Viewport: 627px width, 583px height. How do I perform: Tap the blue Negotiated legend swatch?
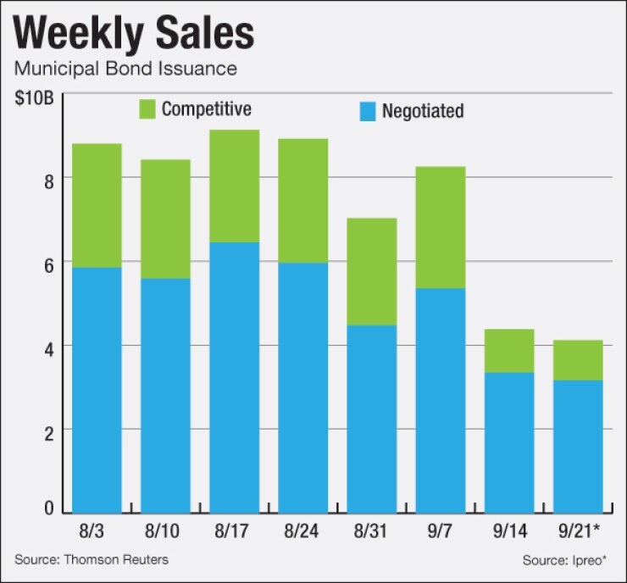366,111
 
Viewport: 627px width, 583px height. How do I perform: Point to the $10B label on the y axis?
34,96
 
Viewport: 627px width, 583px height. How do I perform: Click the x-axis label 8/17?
234,531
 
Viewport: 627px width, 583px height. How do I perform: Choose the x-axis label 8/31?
371,531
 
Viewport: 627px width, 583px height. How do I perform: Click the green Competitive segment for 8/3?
97,205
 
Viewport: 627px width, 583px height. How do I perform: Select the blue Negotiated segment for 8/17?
234,377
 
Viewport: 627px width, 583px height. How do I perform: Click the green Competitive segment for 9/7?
441,227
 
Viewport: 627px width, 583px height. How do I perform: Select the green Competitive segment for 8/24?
302,200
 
